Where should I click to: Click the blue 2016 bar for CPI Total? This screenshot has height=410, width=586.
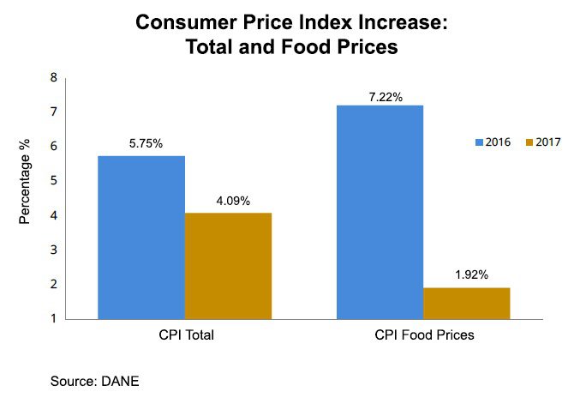click(x=141, y=237)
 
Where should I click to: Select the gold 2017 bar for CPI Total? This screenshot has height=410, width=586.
click(x=228, y=265)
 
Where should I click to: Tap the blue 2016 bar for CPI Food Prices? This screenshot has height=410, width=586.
click(x=380, y=211)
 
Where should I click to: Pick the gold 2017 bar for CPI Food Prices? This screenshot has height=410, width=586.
click(x=466, y=303)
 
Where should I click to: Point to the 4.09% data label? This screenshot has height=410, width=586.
click(x=228, y=202)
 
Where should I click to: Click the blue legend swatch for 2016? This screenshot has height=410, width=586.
click(x=480, y=142)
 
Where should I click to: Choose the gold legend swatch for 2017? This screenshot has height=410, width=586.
click(x=529, y=142)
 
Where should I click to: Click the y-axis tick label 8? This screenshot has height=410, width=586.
click(x=53, y=77)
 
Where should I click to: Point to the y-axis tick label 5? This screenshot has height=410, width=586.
click(x=53, y=181)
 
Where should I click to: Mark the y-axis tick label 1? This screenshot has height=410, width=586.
click(x=53, y=318)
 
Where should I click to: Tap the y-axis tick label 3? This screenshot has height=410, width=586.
click(x=53, y=250)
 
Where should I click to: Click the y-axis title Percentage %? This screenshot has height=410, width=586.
click(x=26, y=181)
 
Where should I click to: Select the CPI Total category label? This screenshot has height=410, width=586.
click(x=184, y=335)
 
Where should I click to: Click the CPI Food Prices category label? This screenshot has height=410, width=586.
click(x=424, y=335)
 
